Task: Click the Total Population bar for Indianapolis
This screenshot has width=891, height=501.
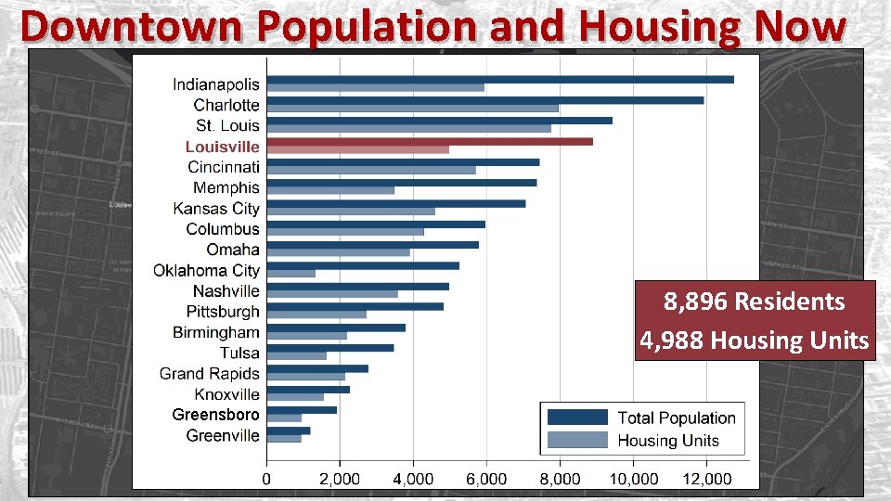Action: click(x=499, y=80)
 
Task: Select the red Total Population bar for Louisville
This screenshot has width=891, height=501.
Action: click(x=429, y=141)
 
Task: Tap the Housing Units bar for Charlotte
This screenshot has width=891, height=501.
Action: click(x=412, y=109)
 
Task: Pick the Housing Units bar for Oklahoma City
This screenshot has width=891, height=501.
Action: click(x=291, y=274)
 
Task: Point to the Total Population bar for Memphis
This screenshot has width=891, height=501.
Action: click(x=401, y=183)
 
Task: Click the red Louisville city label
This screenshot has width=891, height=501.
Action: click(x=222, y=147)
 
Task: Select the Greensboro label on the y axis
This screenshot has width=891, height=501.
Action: click(x=215, y=415)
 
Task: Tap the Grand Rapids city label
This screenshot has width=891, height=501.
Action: click(x=209, y=374)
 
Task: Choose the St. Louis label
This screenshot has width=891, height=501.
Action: click(x=227, y=125)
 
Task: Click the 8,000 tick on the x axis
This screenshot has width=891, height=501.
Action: click(x=560, y=478)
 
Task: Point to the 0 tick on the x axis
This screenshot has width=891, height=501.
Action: click(x=267, y=478)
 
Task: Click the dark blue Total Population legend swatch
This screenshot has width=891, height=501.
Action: click(x=577, y=417)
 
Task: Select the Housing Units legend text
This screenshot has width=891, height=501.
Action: click(x=667, y=441)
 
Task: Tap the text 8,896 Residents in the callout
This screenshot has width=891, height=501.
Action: click(x=754, y=302)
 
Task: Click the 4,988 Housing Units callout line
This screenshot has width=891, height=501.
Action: click(x=754, y=340)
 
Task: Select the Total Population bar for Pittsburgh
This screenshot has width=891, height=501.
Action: click(x=355, y=306)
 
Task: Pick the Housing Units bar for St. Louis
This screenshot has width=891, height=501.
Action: click(x=408, y=129)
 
